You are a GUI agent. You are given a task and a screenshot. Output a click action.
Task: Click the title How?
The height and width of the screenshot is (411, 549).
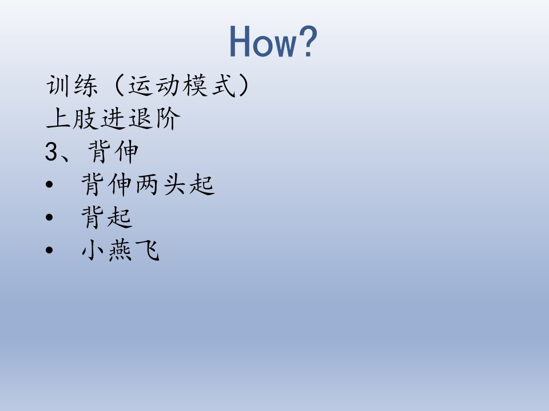pyautogui.click(x=273, y=41)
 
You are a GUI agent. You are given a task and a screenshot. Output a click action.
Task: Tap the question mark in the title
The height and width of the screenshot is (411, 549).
pyautogui.click(x=308, y=41)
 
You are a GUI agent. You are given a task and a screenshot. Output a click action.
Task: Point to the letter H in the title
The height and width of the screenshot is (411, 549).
pyautogui.click(x=240, y=41)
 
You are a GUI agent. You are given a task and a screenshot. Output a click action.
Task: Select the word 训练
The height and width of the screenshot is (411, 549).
pyautogui.click(x=72, y=86)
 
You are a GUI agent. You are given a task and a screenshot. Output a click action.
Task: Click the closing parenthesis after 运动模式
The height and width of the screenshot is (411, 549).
pyautogui.click(x=244, y=86)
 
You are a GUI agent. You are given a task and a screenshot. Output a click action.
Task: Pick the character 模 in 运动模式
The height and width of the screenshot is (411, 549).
pyautogui.click(x=195, y=86)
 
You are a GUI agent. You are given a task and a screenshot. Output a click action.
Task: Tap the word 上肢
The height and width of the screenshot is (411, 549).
pyautogui.click(x=72, y=119)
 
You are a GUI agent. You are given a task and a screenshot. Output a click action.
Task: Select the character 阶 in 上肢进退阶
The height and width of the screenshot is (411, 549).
pyautogui.click(x=168, y=119)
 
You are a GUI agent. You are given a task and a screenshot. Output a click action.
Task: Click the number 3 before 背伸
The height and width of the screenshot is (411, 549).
pyautogui.click(x=51, y=152)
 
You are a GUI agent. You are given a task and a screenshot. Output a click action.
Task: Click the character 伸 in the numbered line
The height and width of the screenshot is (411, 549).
pyautogui.click(x=126, y=152)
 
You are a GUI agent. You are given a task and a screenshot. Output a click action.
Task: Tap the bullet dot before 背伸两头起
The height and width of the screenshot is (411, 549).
pyautogui.click(x=49, y=184)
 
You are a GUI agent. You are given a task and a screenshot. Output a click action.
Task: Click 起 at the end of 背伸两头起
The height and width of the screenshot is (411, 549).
pyautogui.click(x=202, y=184)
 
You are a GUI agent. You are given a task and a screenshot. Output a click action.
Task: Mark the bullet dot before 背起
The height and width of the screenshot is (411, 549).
pyautogui.click(x=49, y=217)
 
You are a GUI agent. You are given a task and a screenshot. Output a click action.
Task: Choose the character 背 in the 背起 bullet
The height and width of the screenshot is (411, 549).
pyautogui.click(x=93, y=217)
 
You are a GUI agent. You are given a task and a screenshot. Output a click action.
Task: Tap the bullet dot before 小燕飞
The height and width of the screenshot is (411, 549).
pyautogui.click(x=49, y=250)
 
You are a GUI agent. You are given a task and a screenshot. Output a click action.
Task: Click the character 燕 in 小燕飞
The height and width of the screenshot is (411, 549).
pyautogui.click(x=120, y=250)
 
